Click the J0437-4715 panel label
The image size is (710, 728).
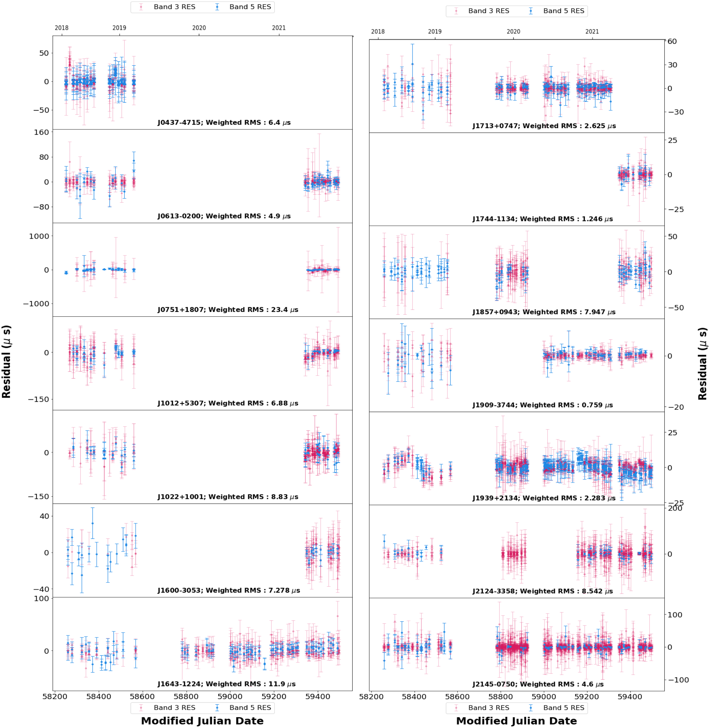coord(224,122)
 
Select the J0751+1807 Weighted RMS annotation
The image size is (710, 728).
coord(227,310)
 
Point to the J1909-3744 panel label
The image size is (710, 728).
coord(543,405)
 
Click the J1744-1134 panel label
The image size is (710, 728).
coord(543,219)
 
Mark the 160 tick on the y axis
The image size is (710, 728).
coord(41,132)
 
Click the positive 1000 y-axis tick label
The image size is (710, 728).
coord(39,236)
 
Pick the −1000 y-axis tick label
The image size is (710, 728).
coord(36,304)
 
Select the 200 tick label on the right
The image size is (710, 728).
coord(675,508)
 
